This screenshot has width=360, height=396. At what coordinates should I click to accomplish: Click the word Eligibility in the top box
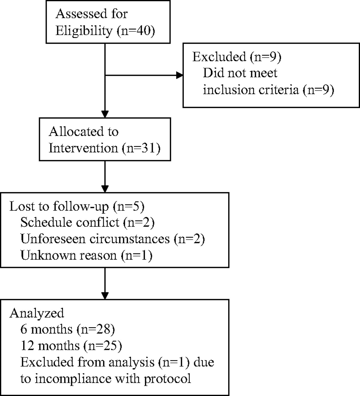84,31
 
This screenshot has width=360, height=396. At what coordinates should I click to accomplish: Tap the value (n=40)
136,31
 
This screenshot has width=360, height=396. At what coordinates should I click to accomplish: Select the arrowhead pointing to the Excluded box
180,75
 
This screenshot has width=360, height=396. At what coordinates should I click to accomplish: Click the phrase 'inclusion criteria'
251,90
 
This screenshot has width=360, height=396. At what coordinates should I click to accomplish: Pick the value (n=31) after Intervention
141,148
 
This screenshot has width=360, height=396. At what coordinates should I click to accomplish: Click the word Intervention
83,148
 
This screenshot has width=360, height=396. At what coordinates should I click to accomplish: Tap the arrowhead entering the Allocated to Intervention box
105,114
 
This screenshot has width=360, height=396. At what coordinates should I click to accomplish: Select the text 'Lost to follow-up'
59,207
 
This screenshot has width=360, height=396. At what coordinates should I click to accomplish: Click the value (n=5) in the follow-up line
129,207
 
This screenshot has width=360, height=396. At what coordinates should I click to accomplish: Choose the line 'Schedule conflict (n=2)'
87,223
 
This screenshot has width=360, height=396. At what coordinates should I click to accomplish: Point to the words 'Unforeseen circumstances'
95,239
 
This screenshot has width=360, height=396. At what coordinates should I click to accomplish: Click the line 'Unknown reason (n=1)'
87,256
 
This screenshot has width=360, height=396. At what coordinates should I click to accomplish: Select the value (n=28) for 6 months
96,329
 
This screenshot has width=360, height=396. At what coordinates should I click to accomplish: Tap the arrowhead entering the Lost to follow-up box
105,189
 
